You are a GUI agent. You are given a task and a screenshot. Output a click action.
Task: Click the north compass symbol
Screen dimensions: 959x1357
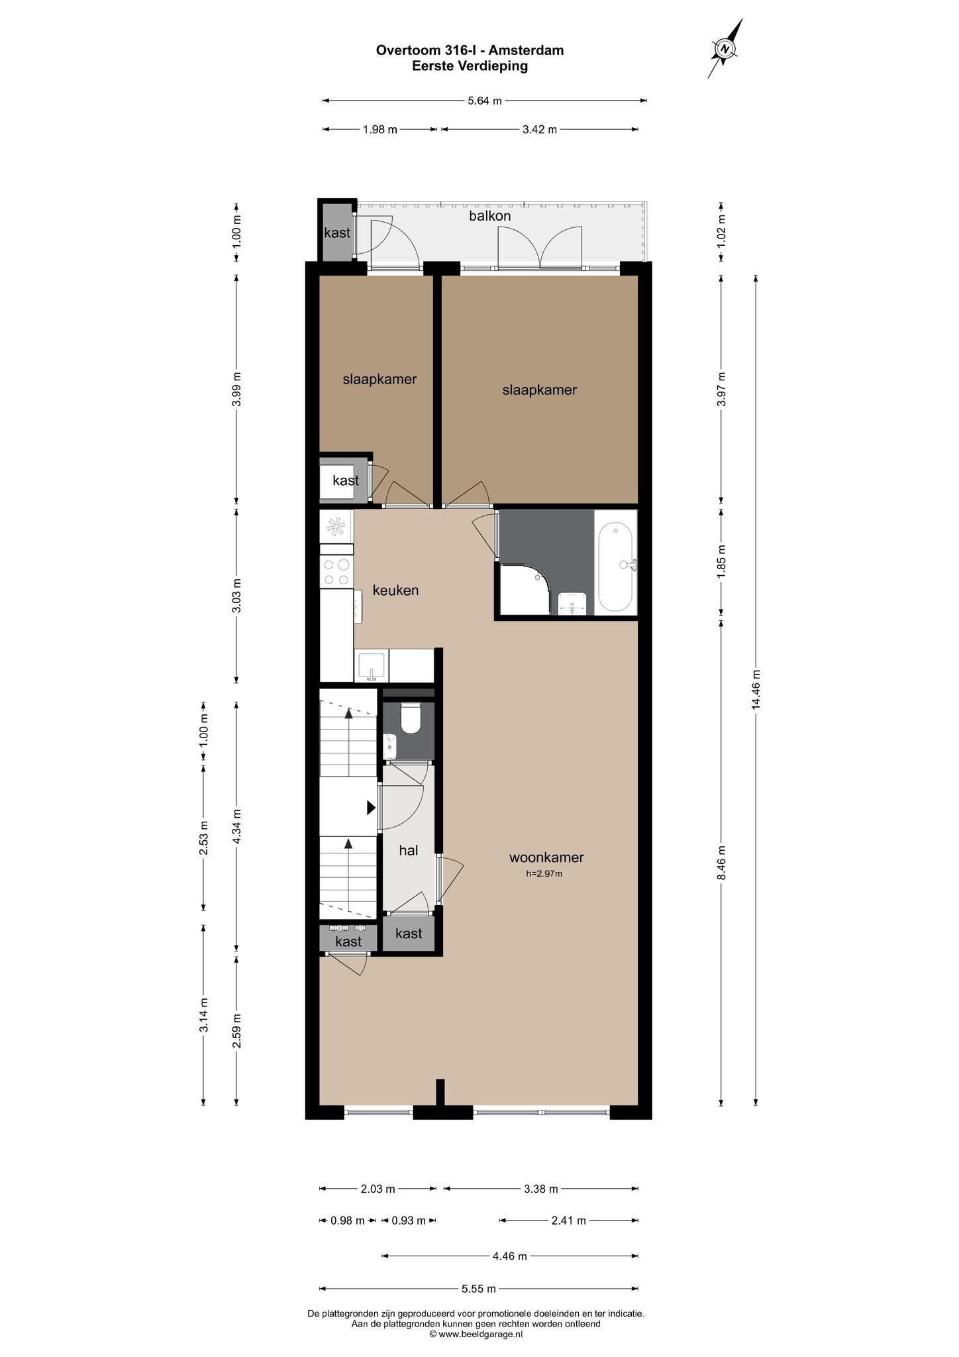[x=725, y=48]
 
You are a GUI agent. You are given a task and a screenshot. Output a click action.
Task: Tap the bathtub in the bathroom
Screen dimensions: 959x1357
[x=615, y=567]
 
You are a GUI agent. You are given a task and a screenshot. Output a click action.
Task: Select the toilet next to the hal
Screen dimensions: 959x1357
[x=411, y=718]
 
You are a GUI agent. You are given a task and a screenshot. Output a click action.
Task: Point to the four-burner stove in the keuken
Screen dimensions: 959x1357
[x=336, y=572]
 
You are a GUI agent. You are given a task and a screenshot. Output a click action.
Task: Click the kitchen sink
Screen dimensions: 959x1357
[x=372, y=666]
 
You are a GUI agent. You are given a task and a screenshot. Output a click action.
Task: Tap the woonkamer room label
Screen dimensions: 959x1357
[x=546, y=857]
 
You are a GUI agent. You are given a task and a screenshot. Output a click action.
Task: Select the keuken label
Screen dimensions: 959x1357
[x=395, y=590]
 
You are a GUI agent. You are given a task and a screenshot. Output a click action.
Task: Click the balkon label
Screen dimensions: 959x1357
[x=490, y=216]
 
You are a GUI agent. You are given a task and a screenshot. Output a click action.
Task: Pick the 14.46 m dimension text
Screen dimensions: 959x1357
[x=756, y=690]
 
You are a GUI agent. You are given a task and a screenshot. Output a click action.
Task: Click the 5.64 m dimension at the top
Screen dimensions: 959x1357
[x=485, y=101]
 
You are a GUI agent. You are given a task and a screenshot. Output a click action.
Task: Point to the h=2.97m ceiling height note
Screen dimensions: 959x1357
[x=544, y=874]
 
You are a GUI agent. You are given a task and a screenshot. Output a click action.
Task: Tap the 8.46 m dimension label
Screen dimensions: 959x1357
[x=722, y=862]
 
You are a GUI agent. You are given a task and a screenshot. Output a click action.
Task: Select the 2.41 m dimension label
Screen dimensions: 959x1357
[x=569, y=1221]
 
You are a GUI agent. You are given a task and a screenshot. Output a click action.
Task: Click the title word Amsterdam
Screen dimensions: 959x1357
[x=527, y=50]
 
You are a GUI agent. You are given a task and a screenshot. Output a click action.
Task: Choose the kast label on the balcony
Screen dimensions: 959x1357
[x=337, y=233]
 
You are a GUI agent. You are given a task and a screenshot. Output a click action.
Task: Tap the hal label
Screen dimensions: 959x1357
[x=409, y=850]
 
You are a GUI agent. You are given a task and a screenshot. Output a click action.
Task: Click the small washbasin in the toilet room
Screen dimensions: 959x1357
[x=390, y=747]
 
